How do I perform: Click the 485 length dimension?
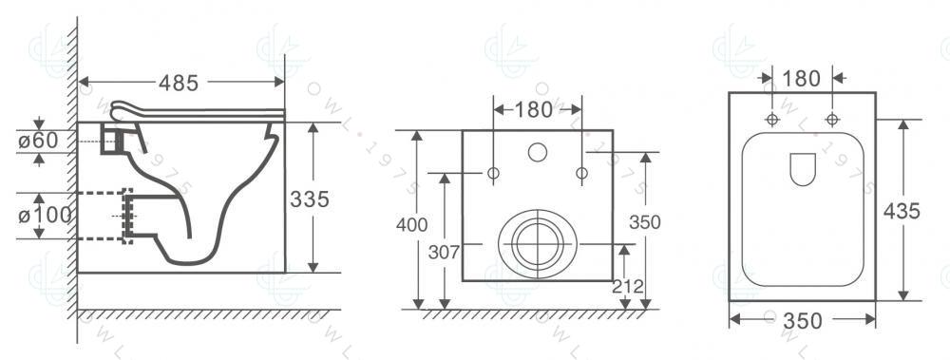[x=179, y=83]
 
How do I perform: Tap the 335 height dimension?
[x=309, y=199]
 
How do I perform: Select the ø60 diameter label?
[x=38, y=140]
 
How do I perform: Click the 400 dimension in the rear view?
[x=412, y=225]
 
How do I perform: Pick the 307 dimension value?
[x=444, y=252]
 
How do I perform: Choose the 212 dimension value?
[x=628, y=286]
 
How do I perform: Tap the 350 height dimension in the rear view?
[x=645, y=222]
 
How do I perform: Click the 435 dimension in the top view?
[x=902, y=211]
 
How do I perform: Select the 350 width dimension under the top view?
[x=802, y=321]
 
